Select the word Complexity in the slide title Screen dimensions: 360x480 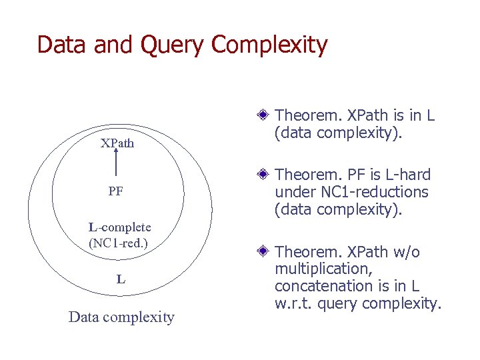[x=270, y=45]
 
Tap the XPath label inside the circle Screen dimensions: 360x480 [x=117, y=143]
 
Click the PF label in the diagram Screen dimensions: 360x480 [x=116, y=192]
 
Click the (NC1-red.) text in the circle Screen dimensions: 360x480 [x=118, y=243]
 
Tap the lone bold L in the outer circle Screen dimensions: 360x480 [x=121, y=279]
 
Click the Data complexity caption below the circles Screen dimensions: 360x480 [x=121, y=317]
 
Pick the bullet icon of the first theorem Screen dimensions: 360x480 [x=264, y=115]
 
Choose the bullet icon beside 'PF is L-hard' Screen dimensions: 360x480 [x=264, y=175]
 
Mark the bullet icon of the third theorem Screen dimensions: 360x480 [x=264, y=252]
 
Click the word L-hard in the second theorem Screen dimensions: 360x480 [x=405, y=175]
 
